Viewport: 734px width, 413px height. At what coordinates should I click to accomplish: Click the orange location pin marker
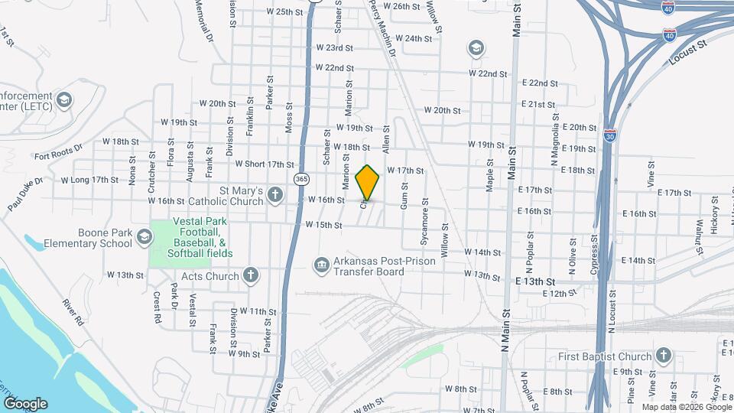coord(368,183)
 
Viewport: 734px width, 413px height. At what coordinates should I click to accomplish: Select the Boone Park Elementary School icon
coord(144,237)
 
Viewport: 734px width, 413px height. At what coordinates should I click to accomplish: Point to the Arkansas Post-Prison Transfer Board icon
coord(321,265)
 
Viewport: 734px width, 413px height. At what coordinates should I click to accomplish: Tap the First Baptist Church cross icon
coord(664,356)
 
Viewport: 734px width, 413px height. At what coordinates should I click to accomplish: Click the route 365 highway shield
coord(302,178)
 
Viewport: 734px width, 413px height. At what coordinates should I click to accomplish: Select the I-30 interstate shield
coord(610,135)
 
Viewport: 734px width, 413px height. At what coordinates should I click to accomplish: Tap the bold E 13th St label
coord(540,282)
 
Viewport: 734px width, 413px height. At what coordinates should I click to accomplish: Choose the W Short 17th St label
coord(265,164)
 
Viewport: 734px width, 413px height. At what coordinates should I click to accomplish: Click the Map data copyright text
coord(687,407)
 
